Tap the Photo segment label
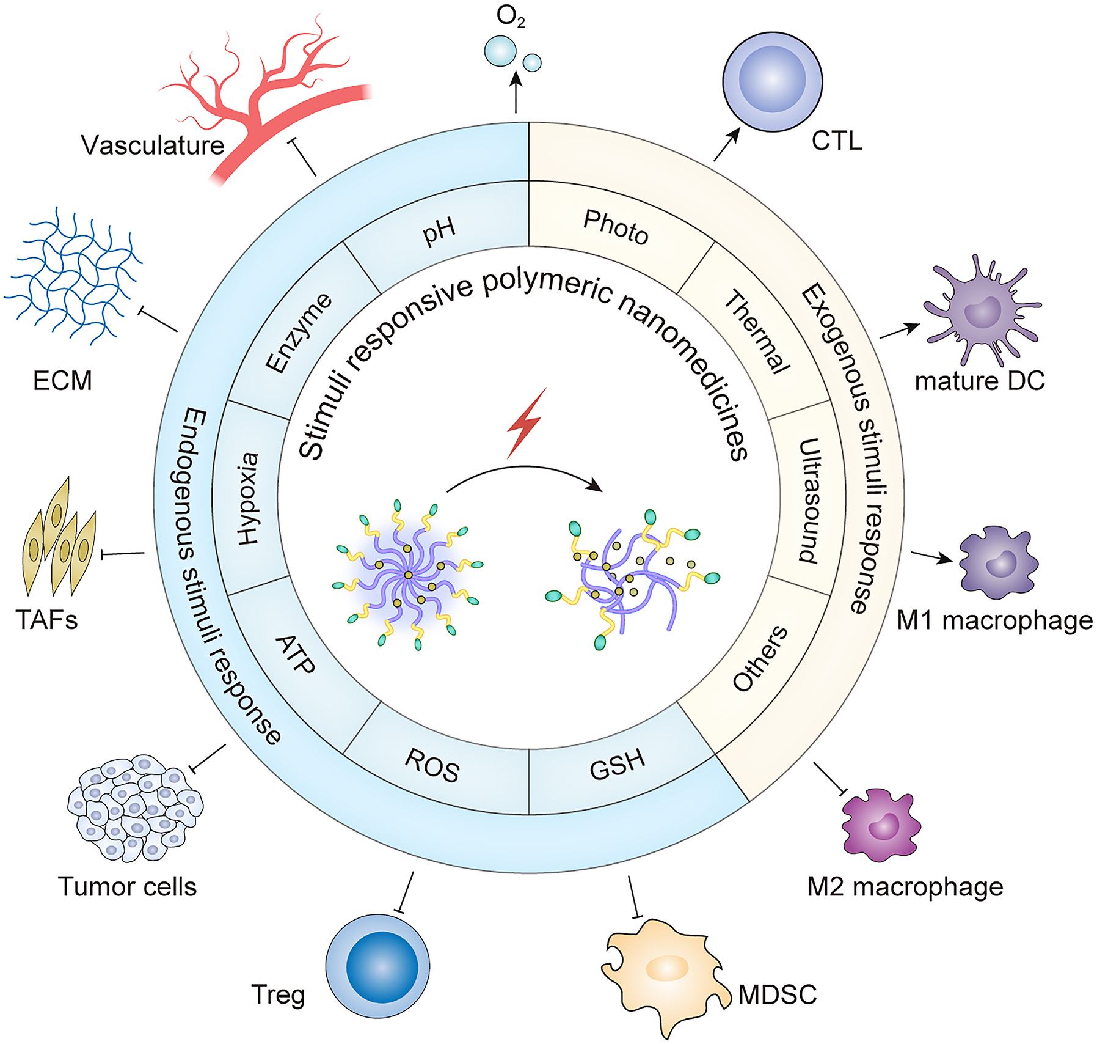[616, 227]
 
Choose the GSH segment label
[617, 764]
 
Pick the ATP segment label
[296, 654]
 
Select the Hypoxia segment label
[248, 499]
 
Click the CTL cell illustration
[772, 81]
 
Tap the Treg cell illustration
[377, 966]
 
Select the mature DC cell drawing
[980, 312]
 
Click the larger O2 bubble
[500, 51]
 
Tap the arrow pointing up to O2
[516, 92]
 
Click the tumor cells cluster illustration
[135, 807]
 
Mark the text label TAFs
[46, 620]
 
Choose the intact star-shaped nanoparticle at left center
[408, 575]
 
